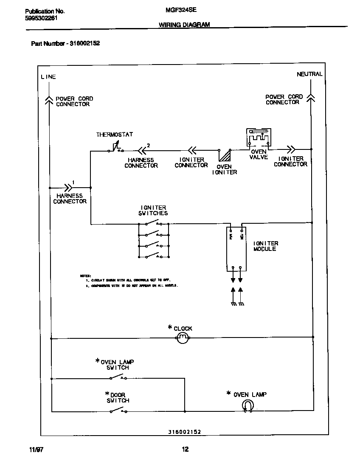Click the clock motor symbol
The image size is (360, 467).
(182, 338)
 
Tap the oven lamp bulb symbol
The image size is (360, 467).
(247, 407)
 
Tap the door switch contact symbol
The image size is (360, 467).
(118, 410)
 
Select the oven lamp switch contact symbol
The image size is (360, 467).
(118, 377)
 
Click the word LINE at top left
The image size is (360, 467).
(48, 77)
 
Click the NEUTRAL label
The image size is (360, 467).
(309, 74)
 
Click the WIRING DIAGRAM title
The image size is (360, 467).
(184, 25)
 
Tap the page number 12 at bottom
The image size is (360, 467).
(185, 450)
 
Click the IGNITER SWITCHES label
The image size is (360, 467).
(153, 211)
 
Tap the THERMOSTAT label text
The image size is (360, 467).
(114, 135)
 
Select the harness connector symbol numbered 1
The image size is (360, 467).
(68, 187)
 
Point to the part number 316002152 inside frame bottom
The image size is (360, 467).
(181, 432)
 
